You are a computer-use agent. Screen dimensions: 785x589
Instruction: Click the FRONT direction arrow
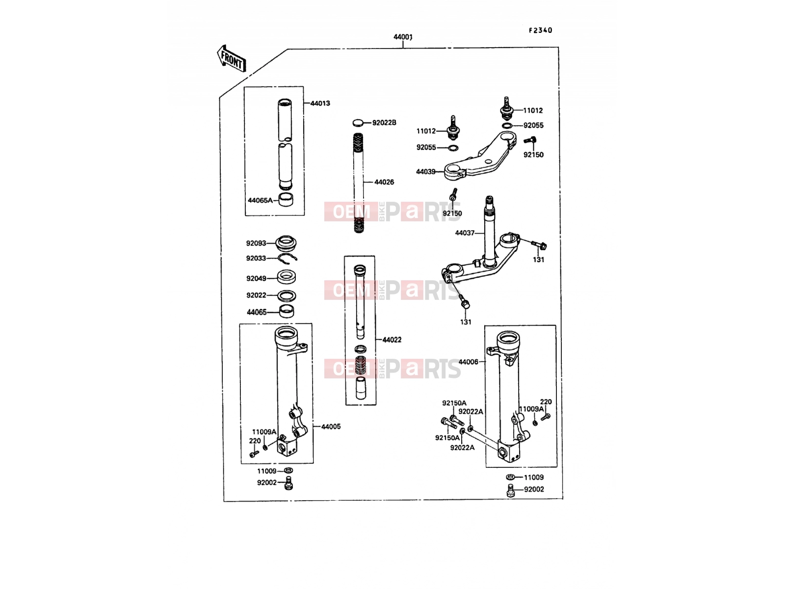232,58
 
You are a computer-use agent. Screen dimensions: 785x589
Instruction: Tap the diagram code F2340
540,30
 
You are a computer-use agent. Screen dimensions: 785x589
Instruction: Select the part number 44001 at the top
403,37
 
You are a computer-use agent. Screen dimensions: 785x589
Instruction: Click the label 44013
320,104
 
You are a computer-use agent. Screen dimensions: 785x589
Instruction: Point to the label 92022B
384,123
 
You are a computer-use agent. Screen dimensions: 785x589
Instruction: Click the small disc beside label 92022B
358,123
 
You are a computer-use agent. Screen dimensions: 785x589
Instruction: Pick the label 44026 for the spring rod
384,182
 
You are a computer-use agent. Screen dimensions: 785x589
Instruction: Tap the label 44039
425,172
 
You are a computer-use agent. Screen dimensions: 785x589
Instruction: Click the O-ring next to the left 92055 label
453,148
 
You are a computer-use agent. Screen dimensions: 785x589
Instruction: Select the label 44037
465,233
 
